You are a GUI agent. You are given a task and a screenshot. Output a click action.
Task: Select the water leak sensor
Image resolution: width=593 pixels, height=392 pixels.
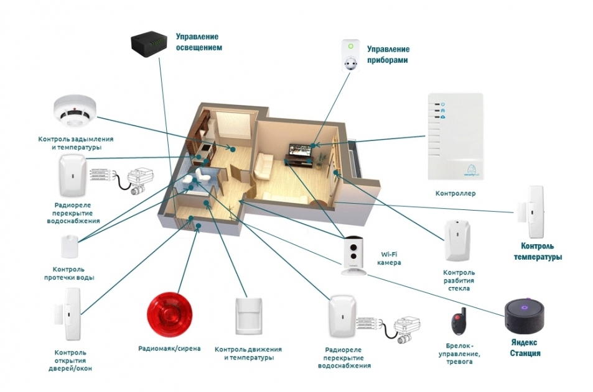pos(70,247)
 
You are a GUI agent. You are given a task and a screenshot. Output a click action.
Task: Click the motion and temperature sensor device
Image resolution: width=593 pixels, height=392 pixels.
pos(248,316)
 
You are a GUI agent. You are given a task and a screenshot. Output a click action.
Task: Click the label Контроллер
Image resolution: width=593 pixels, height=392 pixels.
pos(455,193)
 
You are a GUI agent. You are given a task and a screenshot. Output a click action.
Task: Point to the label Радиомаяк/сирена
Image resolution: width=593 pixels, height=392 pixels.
pos(169,349)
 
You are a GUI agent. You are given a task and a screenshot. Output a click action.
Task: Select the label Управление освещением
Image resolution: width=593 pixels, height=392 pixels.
pos(198,42)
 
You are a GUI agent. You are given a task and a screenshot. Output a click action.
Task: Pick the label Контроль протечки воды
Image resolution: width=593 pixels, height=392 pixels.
pos(69,273)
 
